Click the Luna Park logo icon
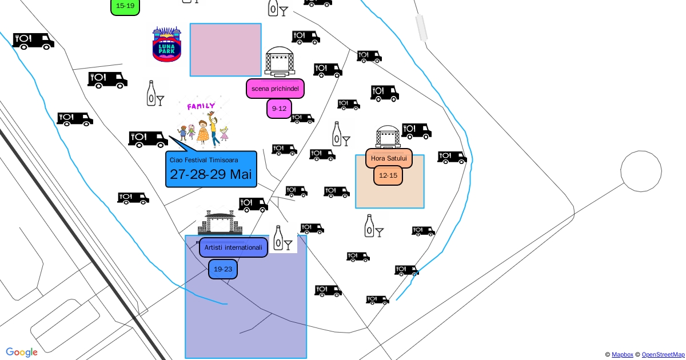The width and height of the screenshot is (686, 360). pos(167,45)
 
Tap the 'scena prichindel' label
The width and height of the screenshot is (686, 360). pos(275,89)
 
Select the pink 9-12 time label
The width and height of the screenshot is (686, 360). pos(279,109)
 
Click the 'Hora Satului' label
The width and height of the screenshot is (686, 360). pos(389,158)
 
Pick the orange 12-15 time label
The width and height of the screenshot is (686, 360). pos(388,175)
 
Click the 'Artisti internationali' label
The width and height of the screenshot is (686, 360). pos(233,247)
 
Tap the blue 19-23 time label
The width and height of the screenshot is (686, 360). pos(222,269)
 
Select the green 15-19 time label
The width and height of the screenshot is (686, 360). pos(125,6)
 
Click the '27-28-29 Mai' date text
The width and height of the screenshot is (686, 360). pos(211,174)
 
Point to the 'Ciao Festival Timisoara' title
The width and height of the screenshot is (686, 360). pos(204,160)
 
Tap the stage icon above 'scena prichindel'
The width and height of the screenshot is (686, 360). pos(280,62)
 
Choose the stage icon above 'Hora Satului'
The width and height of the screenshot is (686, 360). pos(388,137)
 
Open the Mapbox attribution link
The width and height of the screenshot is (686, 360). pos(622,355)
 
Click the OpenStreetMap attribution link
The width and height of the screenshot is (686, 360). pos(663,355)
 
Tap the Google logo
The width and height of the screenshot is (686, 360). pos(22,352)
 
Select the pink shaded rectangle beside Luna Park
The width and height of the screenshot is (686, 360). pos(225,50)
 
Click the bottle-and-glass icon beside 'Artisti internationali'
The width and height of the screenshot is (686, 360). pos(282,239)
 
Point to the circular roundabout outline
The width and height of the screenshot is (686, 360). pos(641,171)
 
